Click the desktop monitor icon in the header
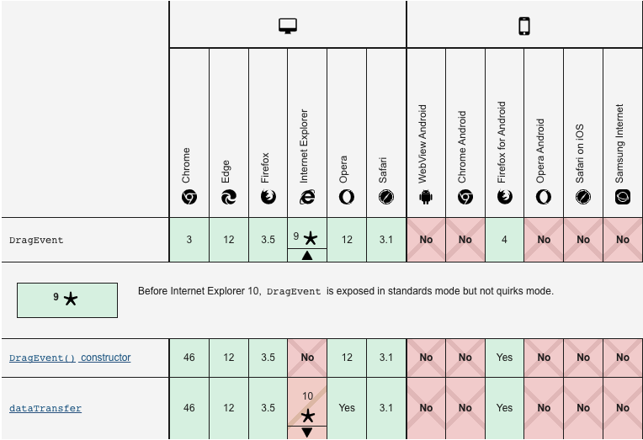[x=288, y=26]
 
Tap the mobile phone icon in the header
[x=524, y=26]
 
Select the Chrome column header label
[x=187, y=165]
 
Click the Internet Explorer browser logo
[x=307, y=196]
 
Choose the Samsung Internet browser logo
[x=623, y=197]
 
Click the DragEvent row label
[x=36, y=240]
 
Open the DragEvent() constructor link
[x=70, y=358]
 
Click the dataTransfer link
[x=45, y=408]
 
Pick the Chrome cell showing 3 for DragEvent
[x=189, y=240]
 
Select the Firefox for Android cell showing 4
[x=504, y=240]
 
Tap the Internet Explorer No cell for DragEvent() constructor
[x=307, y=358]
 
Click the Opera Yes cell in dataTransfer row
[x=347, y=408]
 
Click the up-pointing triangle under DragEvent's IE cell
[x=307, y=255]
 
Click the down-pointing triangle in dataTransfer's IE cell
[x=307, y=432]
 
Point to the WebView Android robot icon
[x=425, y=197]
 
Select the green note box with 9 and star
[x=67, y=300]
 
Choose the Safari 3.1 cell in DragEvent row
[x=386, y=240]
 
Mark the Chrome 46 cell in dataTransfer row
[x=189, y=408]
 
